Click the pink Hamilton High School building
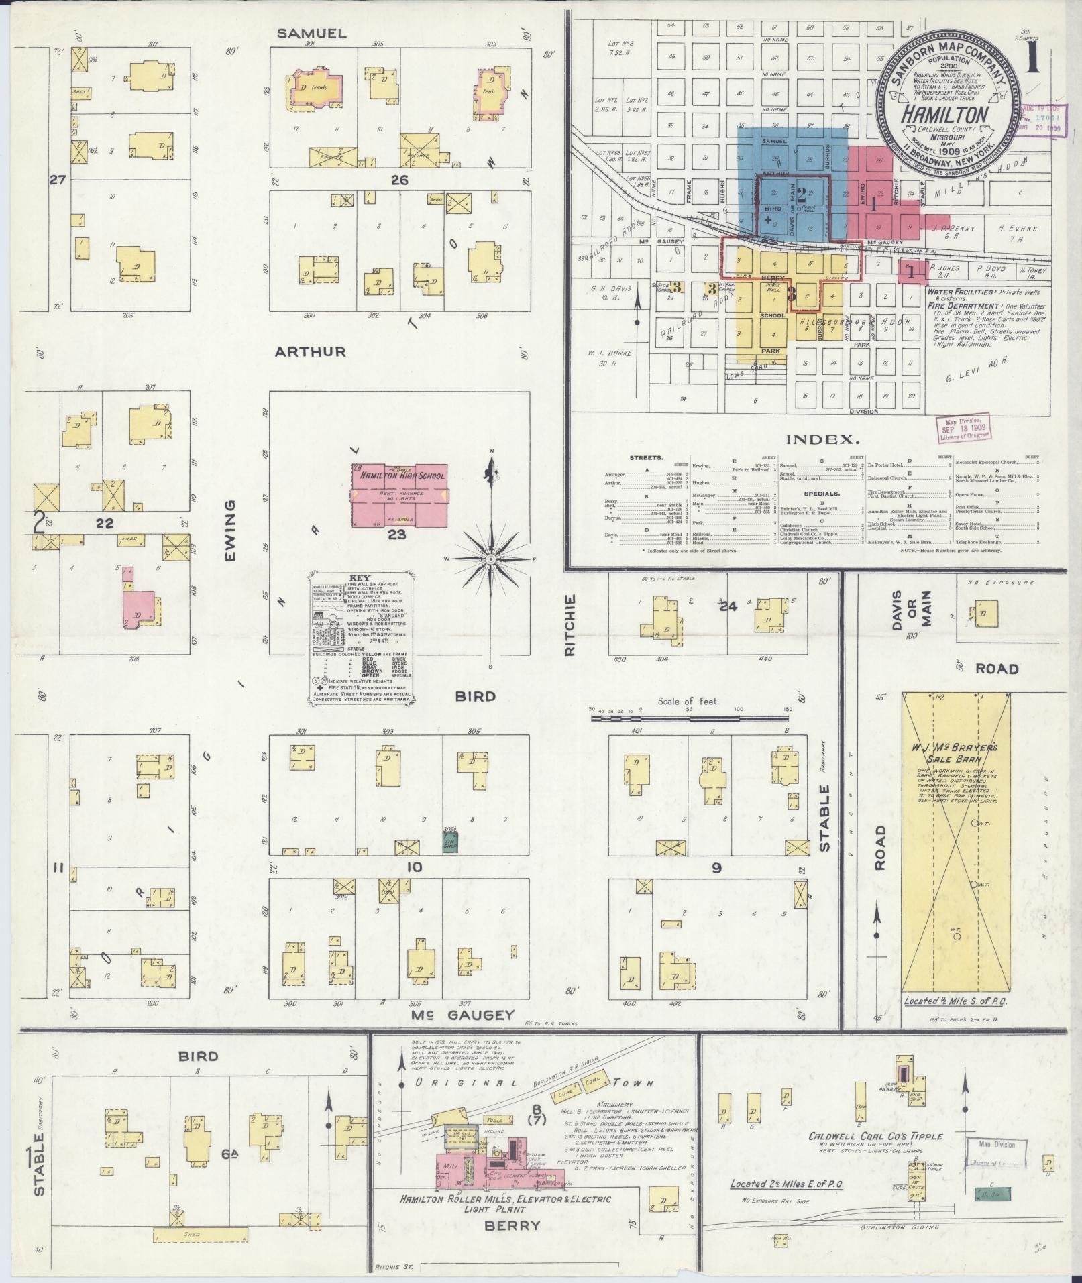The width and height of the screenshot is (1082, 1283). coord(401,496)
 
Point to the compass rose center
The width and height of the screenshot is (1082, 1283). coord(491,558)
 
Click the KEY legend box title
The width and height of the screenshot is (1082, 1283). coord(360,577)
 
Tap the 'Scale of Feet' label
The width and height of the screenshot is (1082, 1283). coord(688,702)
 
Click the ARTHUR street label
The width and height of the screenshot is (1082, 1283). coord(310,351)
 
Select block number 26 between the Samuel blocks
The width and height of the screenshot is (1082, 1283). coord(400,180)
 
